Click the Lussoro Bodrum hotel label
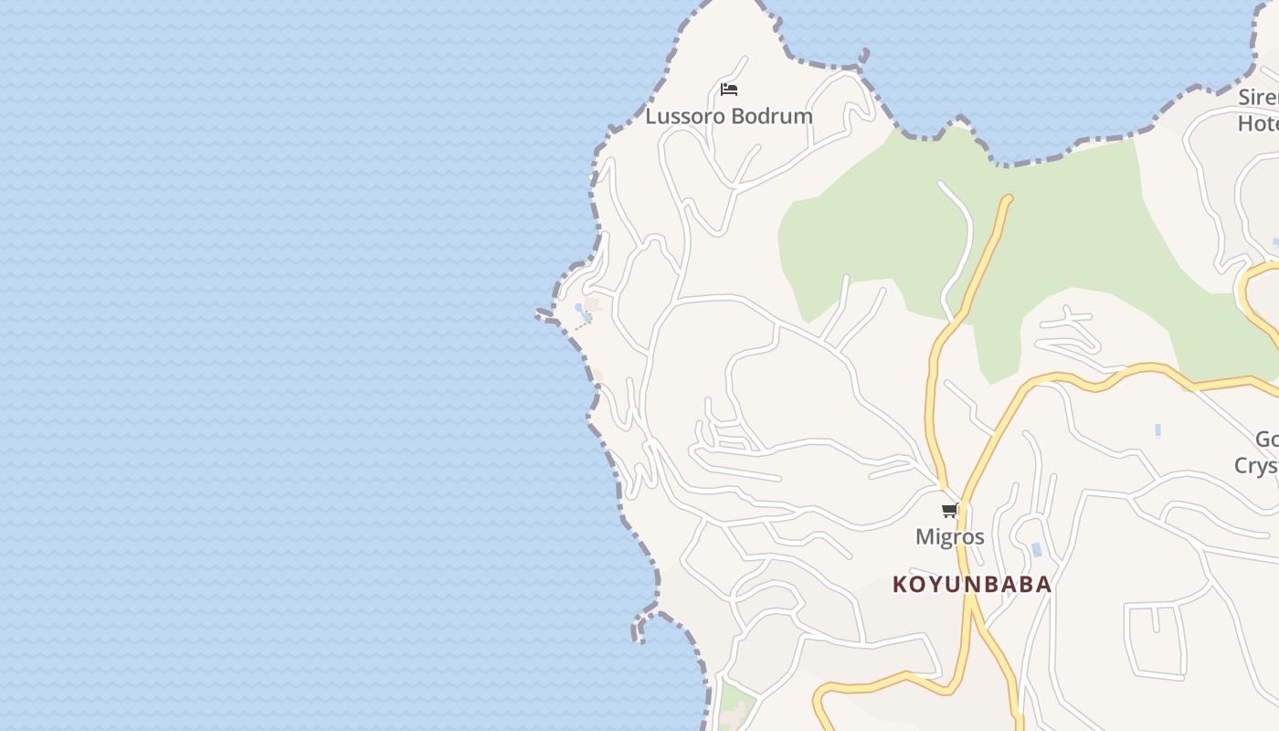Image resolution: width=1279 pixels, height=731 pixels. [728, 116]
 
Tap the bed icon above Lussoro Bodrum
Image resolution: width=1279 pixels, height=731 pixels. [728, 90]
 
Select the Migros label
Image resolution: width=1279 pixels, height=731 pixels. [949, 536]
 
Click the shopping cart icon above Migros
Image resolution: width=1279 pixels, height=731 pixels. [949, 511]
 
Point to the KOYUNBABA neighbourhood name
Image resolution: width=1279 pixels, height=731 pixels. [971, 584]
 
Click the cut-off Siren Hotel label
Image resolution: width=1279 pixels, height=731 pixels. [1258, 110]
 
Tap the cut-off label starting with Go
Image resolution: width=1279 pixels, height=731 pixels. [1261, 452]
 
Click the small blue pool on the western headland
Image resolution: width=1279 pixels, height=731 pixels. [582, 313]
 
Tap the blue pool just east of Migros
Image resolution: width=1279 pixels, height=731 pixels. [1036, 549]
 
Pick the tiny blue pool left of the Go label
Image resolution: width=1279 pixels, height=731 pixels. [1157, 430]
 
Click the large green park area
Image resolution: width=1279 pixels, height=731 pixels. [1051, 238]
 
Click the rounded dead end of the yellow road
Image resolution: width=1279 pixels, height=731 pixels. [1008, 198]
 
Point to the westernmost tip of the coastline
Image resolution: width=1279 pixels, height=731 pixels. [538, 314]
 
